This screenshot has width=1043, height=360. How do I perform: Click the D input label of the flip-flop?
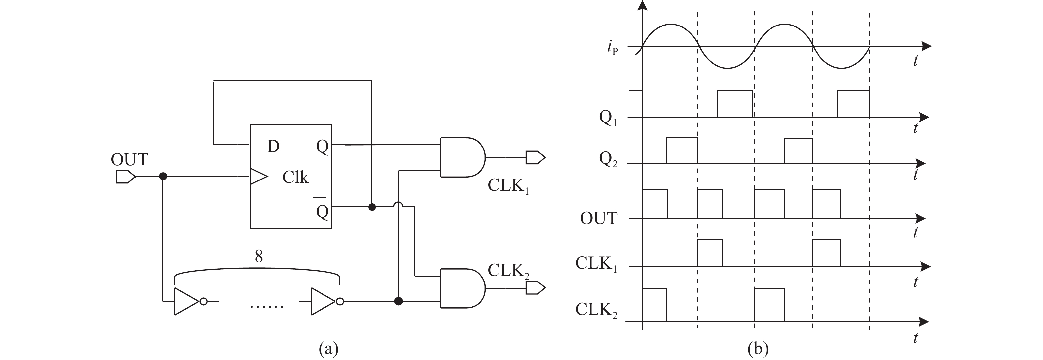(273, 146)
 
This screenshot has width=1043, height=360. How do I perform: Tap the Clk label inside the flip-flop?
(295, 177)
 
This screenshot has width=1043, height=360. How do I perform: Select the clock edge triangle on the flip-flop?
(258, 177)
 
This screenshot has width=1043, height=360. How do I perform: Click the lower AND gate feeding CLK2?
(462, 288)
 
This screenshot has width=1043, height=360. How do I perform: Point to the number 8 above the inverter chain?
(258, 256)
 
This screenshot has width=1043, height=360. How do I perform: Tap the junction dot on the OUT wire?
(163, 177)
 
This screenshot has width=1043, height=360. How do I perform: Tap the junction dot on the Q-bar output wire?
(372, 207)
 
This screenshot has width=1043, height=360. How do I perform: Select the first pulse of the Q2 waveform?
(681, 150)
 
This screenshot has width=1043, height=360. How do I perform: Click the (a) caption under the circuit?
(328, 349)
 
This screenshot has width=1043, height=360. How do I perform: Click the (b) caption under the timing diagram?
(758, 349)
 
